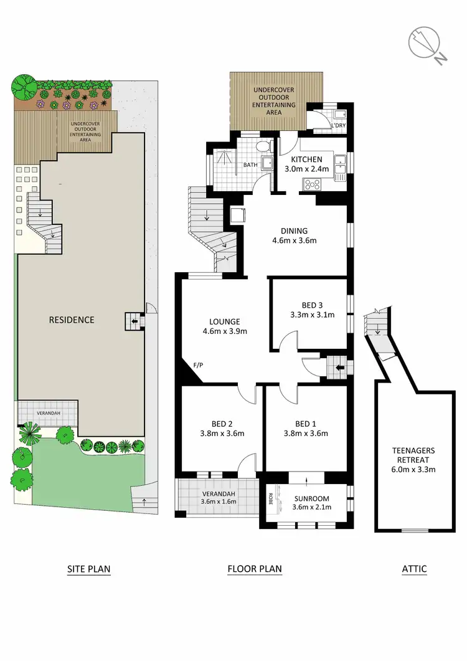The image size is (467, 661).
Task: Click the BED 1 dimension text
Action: pos(305,434)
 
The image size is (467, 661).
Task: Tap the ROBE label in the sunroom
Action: pos(270,499)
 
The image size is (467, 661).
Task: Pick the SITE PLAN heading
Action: pos(89,569)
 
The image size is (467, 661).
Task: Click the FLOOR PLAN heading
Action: pos(255,569)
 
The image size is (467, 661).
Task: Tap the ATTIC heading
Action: pos(414,569)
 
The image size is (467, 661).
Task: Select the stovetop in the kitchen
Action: pos(312,184)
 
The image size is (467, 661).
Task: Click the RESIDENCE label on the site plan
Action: pos(72,320)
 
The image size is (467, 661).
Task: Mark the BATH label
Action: pos(250,165)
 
